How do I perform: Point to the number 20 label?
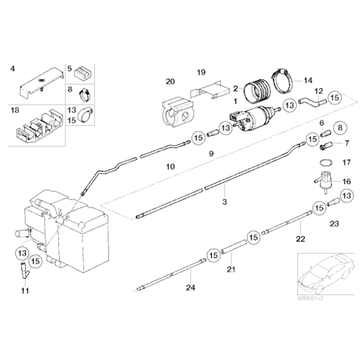[x=170, y=81]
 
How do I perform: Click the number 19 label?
[x=201, y=73]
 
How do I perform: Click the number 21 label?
[x=232, y=269]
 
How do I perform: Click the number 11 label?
[x=25, y=290]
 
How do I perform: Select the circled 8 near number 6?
[x=340, y=128]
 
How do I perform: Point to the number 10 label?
[x=171, y=166]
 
